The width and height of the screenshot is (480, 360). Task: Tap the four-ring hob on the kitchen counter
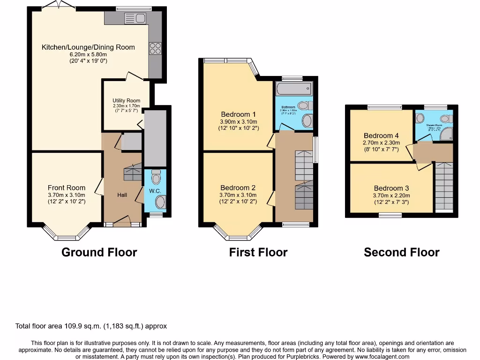point(155,48)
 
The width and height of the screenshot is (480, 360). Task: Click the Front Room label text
point(67,187)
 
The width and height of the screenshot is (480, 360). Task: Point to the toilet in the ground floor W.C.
point(157,177)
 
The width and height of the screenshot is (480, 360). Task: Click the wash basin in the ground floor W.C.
point(160,202)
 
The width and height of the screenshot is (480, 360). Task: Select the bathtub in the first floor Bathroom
point(293,89)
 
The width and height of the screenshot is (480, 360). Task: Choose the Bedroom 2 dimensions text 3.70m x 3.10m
point(239,195)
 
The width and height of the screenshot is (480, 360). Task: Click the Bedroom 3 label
point(391,188)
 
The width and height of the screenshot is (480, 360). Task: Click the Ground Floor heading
point(99,252)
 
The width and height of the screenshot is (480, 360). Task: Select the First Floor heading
point(258,252)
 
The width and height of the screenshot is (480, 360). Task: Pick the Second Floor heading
point(402,252)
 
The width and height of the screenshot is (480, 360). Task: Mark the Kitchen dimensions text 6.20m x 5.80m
point(88,54)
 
